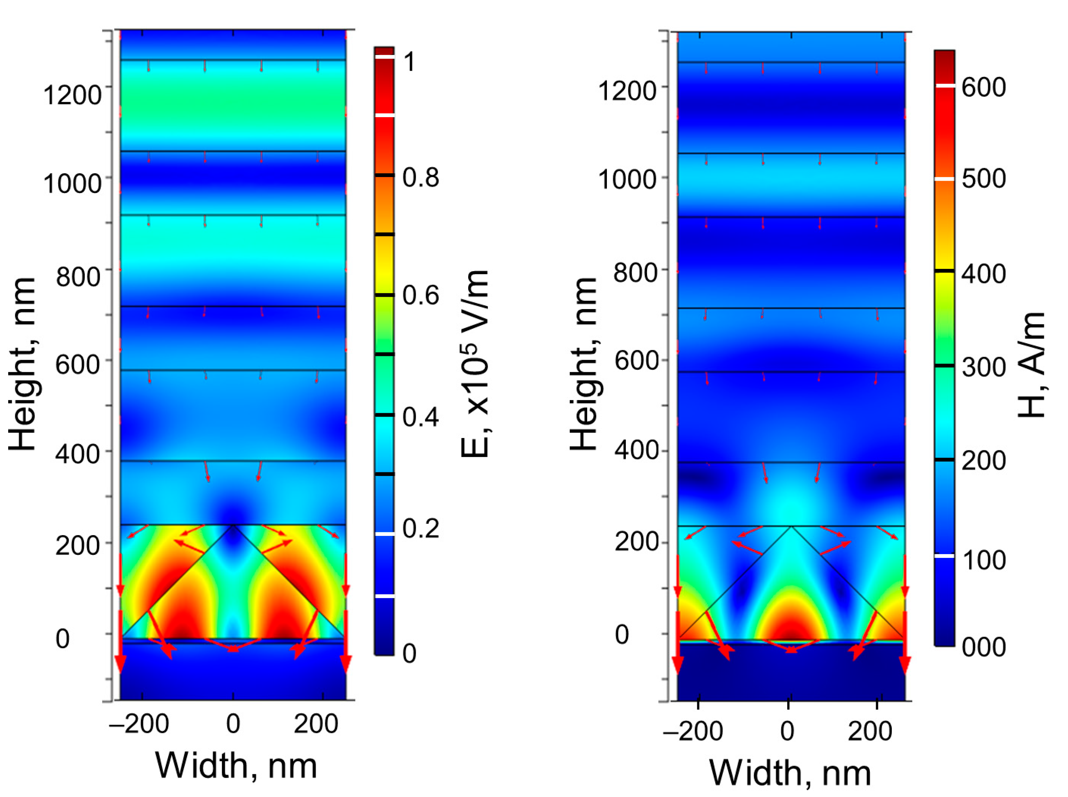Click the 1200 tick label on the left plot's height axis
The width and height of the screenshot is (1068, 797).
pos(73,94)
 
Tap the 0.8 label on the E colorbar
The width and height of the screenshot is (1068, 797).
pos(421,177)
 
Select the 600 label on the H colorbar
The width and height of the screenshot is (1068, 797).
pos(984,87)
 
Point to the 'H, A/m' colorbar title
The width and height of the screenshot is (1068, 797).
pos(1031,365)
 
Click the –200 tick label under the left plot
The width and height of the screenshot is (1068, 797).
pos(139,724)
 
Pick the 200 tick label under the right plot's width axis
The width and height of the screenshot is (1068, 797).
pos(870,731)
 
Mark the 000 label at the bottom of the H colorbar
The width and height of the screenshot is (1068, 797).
pos(984,646)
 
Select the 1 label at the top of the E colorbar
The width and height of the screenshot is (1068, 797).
pos(409,62)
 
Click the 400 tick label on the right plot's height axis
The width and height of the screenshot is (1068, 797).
pos(636,450)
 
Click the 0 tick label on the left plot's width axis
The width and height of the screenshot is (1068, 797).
pos(233,724)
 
